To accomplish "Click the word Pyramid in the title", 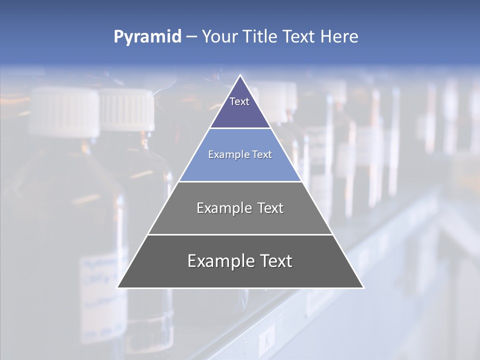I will point(147,37).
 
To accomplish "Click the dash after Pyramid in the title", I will point(191,37).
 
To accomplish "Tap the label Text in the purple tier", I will point(239,101).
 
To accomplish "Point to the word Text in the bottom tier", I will point(276,261).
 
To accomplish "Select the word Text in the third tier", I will point(270,208).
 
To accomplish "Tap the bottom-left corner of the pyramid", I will point(118,287).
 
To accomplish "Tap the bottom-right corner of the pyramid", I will point(363,287).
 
